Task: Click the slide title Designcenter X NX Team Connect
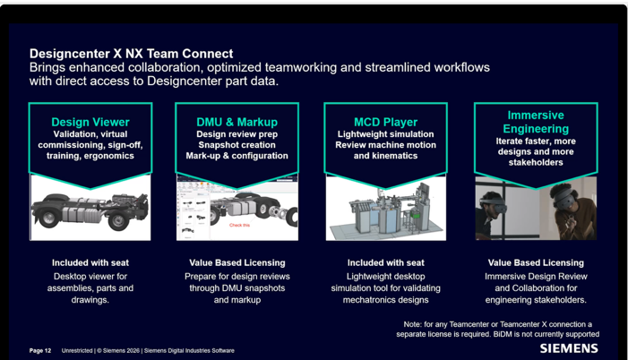[132, 54]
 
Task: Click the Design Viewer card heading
[90, 122]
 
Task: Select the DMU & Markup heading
[237, 122]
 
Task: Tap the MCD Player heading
[386, 122]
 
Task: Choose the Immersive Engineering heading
[536, 122]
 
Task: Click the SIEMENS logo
[569, 348]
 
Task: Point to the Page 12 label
[40, 351]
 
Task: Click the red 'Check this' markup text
[239, 225]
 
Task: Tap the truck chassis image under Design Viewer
[90, 211]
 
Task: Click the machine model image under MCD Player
[386, 210]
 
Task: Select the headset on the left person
[491, 202]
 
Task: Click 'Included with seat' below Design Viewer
[90, 262]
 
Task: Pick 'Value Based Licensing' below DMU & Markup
[237, 262]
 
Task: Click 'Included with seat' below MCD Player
[386, 262]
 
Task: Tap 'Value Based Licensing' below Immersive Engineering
[536, 262]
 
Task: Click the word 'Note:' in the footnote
[412, 324]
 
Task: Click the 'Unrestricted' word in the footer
[77, 351]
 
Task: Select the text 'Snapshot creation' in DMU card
[237, 145]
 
